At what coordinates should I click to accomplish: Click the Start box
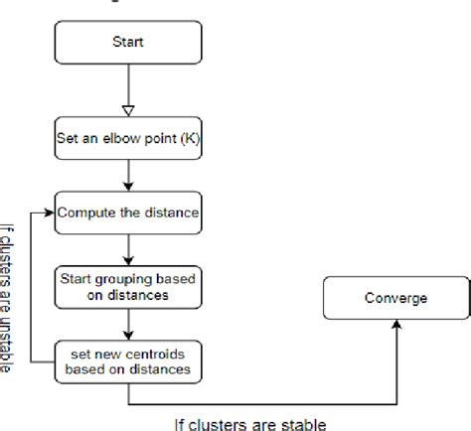point(129,44)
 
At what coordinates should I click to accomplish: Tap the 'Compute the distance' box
point(129,212)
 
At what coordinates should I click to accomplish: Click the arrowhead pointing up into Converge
point(394,325)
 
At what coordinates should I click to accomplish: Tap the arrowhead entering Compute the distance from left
point(50,212)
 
